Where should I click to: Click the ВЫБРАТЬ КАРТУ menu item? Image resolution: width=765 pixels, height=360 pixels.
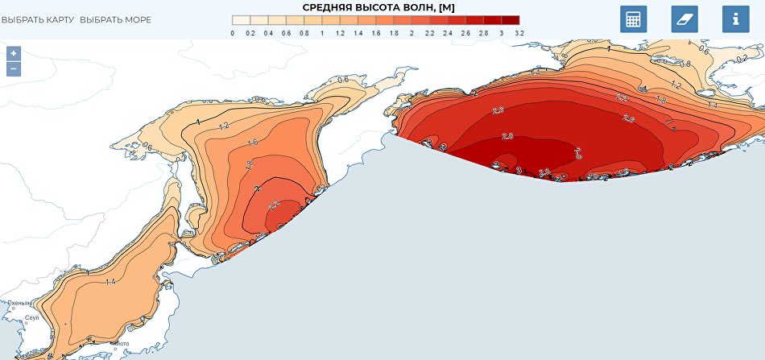coord(38,19)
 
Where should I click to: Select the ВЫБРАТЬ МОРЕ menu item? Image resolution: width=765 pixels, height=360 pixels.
coord(115,19)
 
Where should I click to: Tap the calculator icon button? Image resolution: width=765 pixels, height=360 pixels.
coord(633,19)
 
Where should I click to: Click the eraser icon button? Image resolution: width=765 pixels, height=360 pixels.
coord(684,19)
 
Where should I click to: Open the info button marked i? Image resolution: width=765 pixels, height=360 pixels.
coord(735,19)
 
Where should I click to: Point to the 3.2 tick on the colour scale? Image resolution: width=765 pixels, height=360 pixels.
coord(519,34)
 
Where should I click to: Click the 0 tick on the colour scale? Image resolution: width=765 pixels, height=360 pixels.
coord(233,34)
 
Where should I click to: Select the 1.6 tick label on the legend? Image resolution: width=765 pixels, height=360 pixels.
coord(376,34)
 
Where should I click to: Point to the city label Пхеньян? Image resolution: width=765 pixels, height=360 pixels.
coord(19,304)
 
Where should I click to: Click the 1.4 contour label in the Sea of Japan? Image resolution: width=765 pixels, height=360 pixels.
coord(110,282)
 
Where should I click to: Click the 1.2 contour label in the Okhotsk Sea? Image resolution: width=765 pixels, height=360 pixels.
coord(223,126)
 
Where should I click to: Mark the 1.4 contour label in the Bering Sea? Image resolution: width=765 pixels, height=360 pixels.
coord(712,106)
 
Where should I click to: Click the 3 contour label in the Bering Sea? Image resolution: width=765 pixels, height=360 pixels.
coord(519,170)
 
